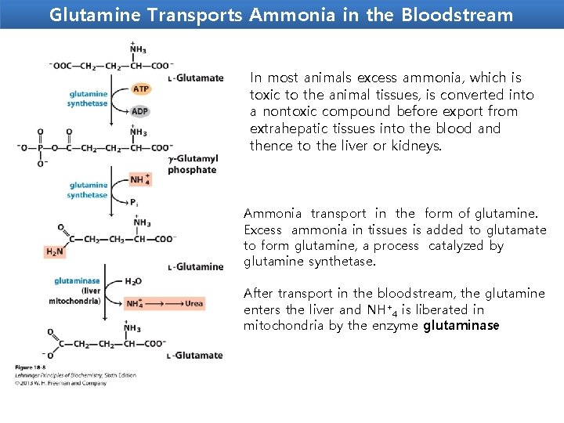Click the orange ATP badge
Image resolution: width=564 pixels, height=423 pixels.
pyautogui.click(x=141, y=89)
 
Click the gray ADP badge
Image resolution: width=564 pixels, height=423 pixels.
pyautogui.click(x=140, y=111)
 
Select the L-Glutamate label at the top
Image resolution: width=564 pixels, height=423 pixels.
pyautogui.click(x=196, y=78)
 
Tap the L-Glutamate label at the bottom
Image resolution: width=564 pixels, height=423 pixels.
pyautogui.click(x=196, y=356)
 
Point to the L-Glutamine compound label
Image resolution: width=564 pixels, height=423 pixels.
pyautogui.click(x=196, y=267)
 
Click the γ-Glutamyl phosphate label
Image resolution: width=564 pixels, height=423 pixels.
pyautogui.click(x=193, y=164)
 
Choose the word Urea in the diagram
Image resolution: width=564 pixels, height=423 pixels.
pyautogui.click(x=193, y=303)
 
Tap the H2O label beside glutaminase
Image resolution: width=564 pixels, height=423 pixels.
pyautogui.click(x=133, y=281)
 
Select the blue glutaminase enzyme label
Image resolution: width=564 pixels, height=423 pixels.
pyautogui.click(x=77, y=280)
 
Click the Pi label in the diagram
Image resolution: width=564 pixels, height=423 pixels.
pyautogui.click(x=135, y=203)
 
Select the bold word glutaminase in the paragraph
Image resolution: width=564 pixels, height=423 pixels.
pyautogui.click(x=461, y=326)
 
